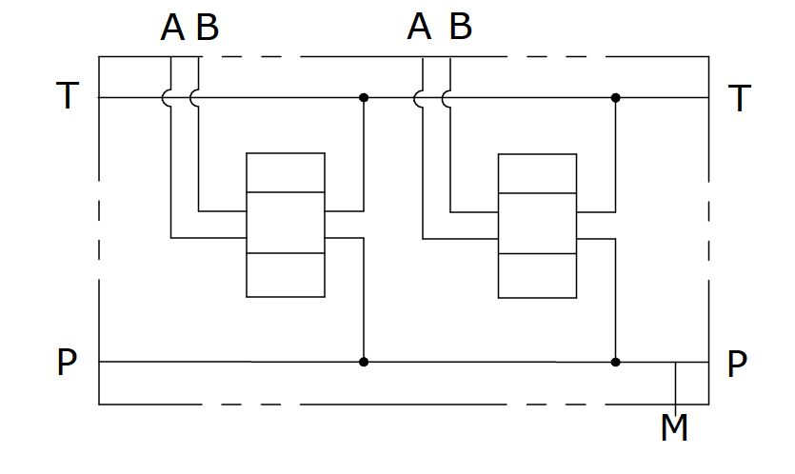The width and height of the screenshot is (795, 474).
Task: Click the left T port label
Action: [x=67, y=96]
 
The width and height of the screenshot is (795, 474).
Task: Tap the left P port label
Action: [x=67, y=362]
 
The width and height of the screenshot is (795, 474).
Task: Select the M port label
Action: [x=674, y=428]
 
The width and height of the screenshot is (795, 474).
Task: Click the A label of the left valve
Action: [x=172, y=29]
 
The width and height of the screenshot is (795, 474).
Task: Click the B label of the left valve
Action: [x=208, y=29]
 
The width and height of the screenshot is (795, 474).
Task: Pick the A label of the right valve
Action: [x=419, y=28]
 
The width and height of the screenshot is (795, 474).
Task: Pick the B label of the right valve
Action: [x=460, y=28]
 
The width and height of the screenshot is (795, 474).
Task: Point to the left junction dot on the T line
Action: [x=363, y=97]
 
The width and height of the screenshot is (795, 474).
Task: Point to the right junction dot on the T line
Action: [x=616, y=97]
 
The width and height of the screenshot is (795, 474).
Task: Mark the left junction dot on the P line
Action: [x=363, y=362]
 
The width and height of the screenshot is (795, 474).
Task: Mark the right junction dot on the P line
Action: [x=616, y=362]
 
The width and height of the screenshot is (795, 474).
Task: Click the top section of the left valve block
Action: [x=285, y=172]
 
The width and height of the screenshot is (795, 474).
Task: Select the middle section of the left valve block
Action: [x=285, y=223]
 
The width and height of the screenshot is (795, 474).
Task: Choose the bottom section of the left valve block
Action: [x=285, y=275]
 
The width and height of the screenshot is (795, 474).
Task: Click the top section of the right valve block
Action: [x=537, y=173]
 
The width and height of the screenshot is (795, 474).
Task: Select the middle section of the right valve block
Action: [x=537, y=224]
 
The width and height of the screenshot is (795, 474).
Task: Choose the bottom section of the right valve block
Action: [x=537, y=276]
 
